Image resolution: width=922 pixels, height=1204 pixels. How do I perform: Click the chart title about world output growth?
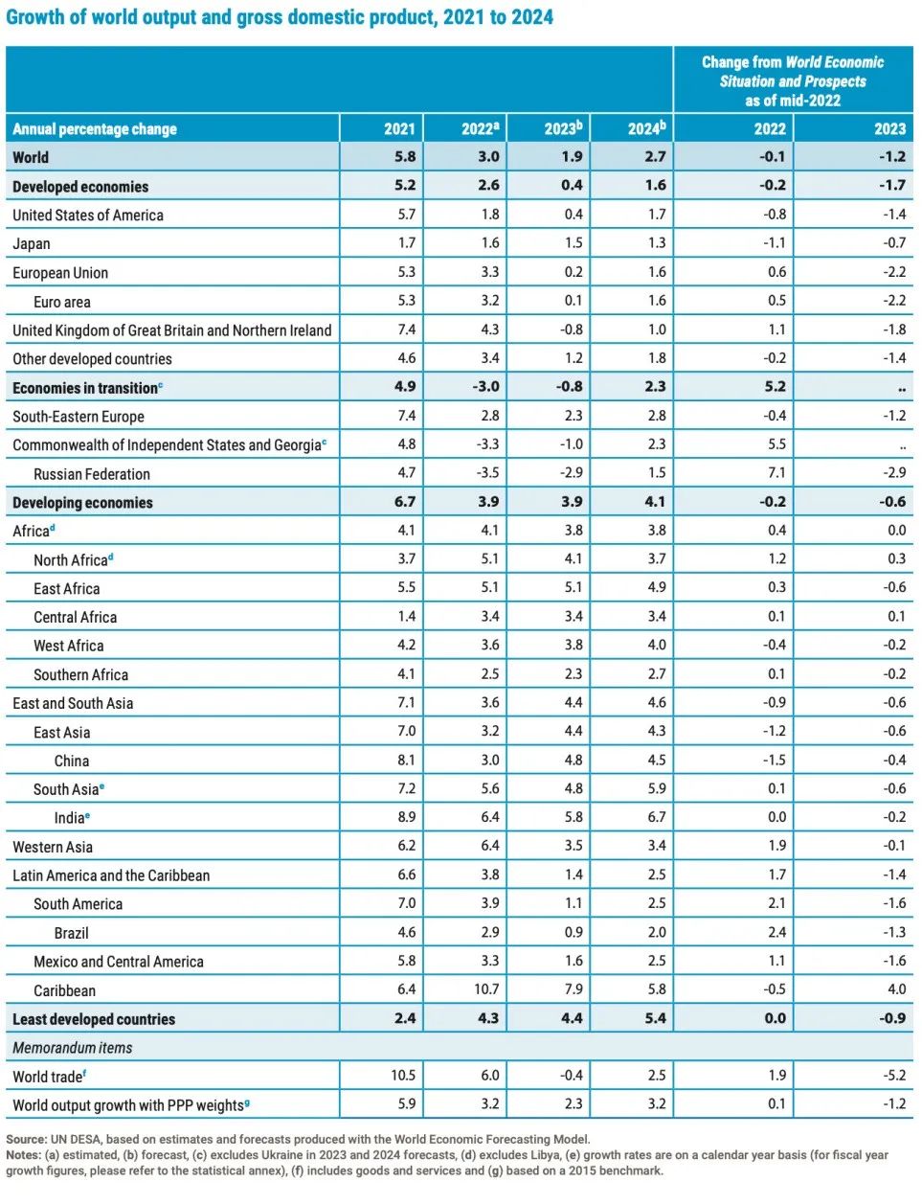(x=280, y=17)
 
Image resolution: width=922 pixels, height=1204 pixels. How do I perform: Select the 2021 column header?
(x=399, y=128)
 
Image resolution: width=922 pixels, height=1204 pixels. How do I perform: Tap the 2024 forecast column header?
(x=646, y=128)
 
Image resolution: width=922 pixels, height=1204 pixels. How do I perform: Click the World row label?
(x=31, y=157)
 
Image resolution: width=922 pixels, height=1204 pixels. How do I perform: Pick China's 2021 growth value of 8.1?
(x=406, y=761)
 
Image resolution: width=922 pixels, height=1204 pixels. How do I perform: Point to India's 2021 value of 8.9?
(x=406, y=818)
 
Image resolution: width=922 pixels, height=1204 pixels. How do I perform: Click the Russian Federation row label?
(x=92, y=474)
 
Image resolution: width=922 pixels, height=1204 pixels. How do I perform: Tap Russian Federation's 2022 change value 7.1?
(x=776, y=473)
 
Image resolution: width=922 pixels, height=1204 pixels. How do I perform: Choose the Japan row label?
(x=32, y=244)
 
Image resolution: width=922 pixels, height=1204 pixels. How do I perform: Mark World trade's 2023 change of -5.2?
(x=894, y=1076)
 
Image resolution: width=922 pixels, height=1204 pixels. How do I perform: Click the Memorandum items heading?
(x=73, y=1048)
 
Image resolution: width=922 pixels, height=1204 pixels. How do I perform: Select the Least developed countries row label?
(x=94, y=1019)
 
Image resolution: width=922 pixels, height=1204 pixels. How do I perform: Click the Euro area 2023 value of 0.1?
(x=573, y=301)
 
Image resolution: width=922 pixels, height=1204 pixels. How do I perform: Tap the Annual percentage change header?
(x=95, y=128)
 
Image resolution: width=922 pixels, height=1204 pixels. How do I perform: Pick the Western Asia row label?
(x=53, y=847)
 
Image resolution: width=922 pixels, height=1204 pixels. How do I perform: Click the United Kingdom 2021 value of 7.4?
(x=406, y=329)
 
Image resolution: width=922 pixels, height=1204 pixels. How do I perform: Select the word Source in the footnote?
(x=26, y=1140)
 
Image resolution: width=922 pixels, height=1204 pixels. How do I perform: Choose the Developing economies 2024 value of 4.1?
(x=655, y=502)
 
